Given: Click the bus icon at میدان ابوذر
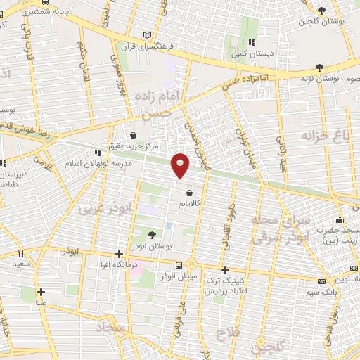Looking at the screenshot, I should click(x=179, y=265).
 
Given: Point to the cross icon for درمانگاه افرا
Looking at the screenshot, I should click(x=119, y=254).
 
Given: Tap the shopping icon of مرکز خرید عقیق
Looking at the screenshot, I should click(x=134, y=134).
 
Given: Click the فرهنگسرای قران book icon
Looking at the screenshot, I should click(x=146, y=35).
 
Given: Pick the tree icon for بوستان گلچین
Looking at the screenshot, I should click(x=321, y=11).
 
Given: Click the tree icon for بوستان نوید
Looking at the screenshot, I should click(x=320, y=67).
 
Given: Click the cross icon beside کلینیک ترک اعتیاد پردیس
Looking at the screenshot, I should click(x=225, y=270).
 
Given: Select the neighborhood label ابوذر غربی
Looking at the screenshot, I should click(x=96, y=209).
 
